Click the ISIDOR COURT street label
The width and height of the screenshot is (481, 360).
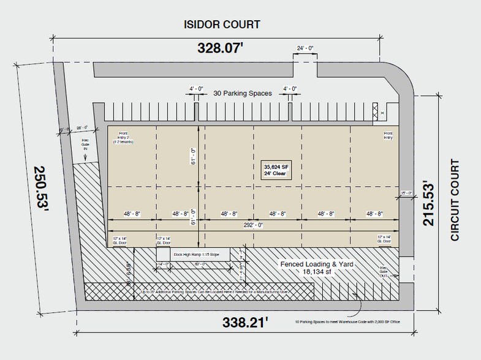(x=222, y=24)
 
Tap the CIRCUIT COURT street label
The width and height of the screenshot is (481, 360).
(x=455, y=200)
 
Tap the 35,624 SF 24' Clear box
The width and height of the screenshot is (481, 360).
(x=276, y=170)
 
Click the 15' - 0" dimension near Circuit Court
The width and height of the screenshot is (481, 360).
(x=404, y=193)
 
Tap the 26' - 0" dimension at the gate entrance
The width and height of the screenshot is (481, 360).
(x=81, y=128)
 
